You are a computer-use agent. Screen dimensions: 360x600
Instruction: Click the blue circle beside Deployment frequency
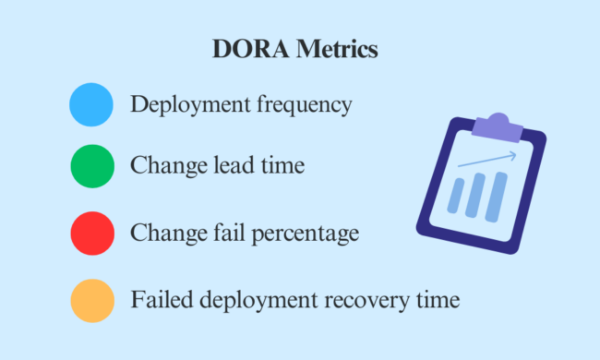point(91,104)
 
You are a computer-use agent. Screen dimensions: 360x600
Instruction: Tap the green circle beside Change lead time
point(91,167)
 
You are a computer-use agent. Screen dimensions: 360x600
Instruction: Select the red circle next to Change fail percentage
point(91,234)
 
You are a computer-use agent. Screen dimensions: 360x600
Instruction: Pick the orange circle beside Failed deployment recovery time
point(91,300)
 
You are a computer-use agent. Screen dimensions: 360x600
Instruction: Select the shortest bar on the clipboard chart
point(457,199)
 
